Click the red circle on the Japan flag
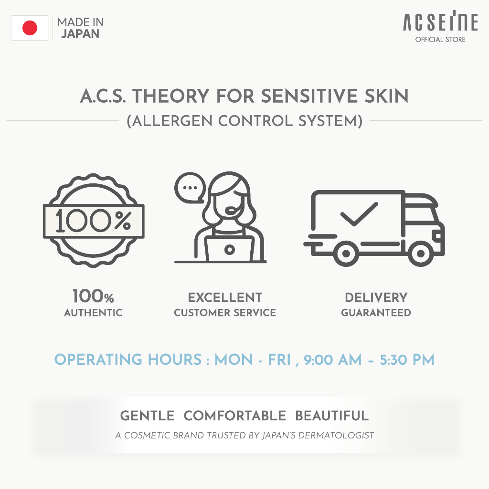pyautogui.click(x=30, y=28)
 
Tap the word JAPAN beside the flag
pyautogui.click(x=80, y=34)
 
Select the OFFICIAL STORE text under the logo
pyautogui.click(x=440, y=40)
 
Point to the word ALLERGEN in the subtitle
pyautogui.click(x=172, y=121)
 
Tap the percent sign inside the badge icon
pyautogui.click(x=123, y=221)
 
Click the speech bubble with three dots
pyautogui.click(x=190, y=188)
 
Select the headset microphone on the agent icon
pyautogui.click(x=233, y=211)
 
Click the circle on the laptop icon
pyautogui.click(x=230, y=249)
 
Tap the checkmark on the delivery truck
pyautogui.click(x=359, y=214)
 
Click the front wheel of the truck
pyautogui.click(x=420, y=254)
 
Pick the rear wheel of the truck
pyautogui.click(x=346, y=254)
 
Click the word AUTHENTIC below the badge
pyautogui.click(x=93, y=312)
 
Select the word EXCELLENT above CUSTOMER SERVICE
pyautogui.click(x=225, y=298)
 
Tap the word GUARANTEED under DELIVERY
pyautogui.click(x=376, y=312)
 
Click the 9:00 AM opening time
pyautogui.click(x=333, y=360)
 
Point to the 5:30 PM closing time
pyautogui.click(x=407, y=360)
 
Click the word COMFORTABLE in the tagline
pyautogui.click(x=235, y=416)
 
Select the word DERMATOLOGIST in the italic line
pyautogui.click(x=336, y=435)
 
